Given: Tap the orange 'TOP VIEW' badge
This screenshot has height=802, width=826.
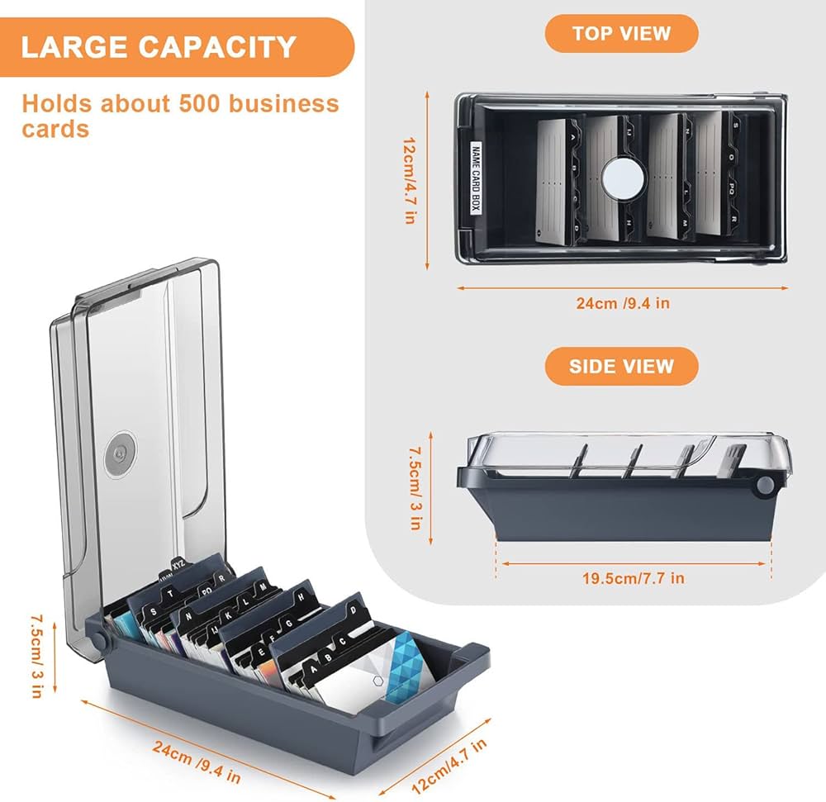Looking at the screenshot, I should coord(621,34).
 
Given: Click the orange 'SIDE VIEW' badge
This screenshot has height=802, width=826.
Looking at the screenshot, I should coord(621,366).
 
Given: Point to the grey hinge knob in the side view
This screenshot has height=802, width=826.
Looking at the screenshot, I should coord(765,486).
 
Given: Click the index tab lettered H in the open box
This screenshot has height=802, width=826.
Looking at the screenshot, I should coord(303,594).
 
